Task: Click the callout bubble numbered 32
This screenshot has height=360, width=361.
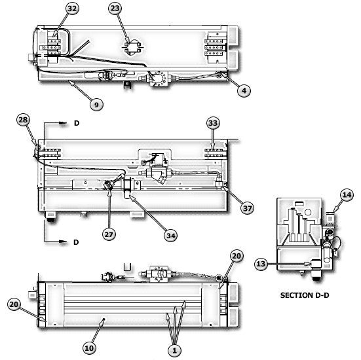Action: click(x=72, y=9)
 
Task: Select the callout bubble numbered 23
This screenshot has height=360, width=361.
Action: click(x=115, y=9)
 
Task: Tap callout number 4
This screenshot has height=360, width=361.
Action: click(x=244, y=90)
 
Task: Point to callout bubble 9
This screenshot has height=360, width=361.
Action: click(x=96, y=105)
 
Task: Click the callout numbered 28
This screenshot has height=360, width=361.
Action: click(x=23, y=120)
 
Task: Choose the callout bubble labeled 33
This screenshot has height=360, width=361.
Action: click(x=213, y=123)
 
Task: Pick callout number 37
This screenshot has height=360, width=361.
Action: click(x=247, y=208)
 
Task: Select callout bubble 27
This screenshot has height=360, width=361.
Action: click(x=109, y=234)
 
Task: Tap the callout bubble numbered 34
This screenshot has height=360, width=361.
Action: click(x=171, y=236)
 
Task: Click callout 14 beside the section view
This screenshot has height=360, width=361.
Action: click(x=347, y=195)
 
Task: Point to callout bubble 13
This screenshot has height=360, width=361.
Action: click(x=261, y=264)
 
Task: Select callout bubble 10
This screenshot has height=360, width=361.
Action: click(x=89, y=348)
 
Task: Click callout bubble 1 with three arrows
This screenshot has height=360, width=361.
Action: click(x=174, y=351)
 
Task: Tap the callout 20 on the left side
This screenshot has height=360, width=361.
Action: click(x=14, y=304)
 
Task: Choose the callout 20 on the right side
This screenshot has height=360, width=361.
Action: click(x=237, y=256)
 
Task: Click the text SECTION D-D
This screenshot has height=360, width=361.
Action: click(x=305, y=295)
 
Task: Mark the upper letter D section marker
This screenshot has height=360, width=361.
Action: click(x=77, y=123)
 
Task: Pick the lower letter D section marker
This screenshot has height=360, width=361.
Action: click(x=76, y=242)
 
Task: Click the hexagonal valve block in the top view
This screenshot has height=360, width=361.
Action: click(x=159, y=79)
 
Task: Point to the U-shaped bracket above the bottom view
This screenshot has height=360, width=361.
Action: click(x=127, y=267)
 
